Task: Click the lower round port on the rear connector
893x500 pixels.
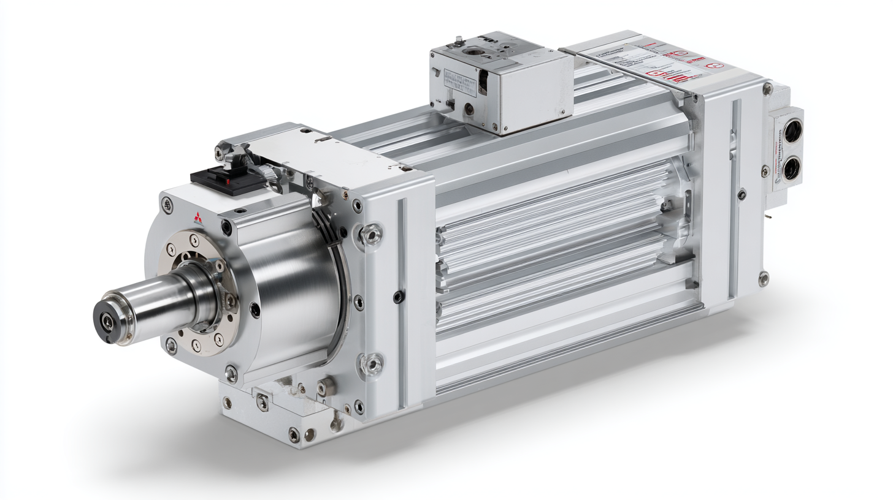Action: (x=791, y=168)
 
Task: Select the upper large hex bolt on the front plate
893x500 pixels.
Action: (x=372, y=234)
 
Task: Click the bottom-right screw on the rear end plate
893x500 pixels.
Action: (x=763, y=279)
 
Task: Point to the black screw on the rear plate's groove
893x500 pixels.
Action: (x=742, y=195)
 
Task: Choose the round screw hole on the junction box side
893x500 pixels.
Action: (x=469, y=108)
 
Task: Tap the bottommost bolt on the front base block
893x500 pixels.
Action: (x=294, y=436)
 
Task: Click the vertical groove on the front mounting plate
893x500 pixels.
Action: (x=402, y=300)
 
